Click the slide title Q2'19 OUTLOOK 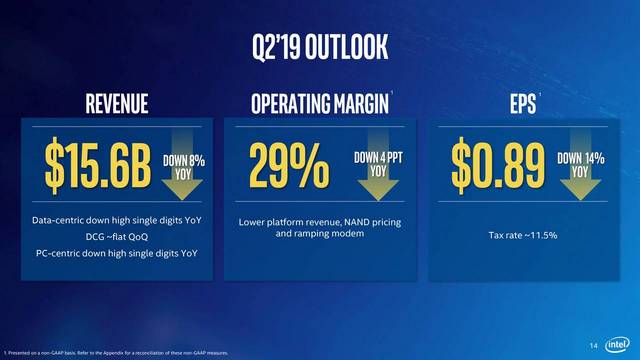[320, 46]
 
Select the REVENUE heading [116, 103]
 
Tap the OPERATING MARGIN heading [319, 103]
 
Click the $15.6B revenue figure [97, 166]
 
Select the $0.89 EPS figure [496, 166]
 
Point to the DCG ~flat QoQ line [116, 237]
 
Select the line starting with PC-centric [116, 254]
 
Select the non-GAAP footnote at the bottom [120, 354]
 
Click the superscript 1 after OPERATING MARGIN [392, 95]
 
